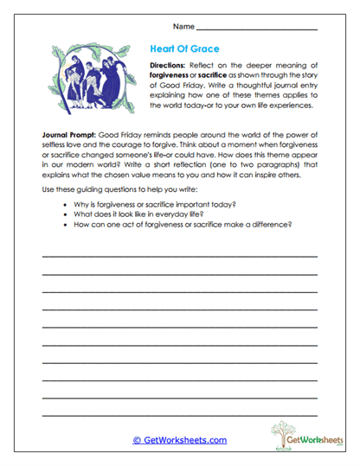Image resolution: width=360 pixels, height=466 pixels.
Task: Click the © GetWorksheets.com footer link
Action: coord(180,440)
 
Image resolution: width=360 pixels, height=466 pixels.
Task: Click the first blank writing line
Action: coord(180,258)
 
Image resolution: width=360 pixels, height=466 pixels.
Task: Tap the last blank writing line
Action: coord(180,416)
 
